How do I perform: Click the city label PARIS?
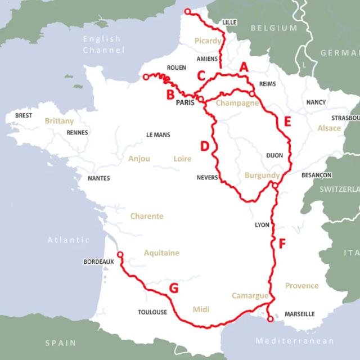coord(184,103)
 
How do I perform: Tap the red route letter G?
coord(174,289)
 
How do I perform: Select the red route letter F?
coord(282,244)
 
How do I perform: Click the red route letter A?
coord(244,67)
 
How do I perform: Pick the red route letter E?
coord(287,121)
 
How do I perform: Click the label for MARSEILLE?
coord(299,314)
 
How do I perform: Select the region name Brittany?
coord(59,121)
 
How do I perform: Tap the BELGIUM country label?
coord(273,28)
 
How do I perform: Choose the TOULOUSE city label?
coord(152,312)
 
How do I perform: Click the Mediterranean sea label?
coord(295,341)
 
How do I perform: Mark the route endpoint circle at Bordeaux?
coord(120,255)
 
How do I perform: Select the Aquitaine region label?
coord(161,253)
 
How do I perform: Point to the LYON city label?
coord(262,224)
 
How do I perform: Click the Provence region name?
coord(301,286)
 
